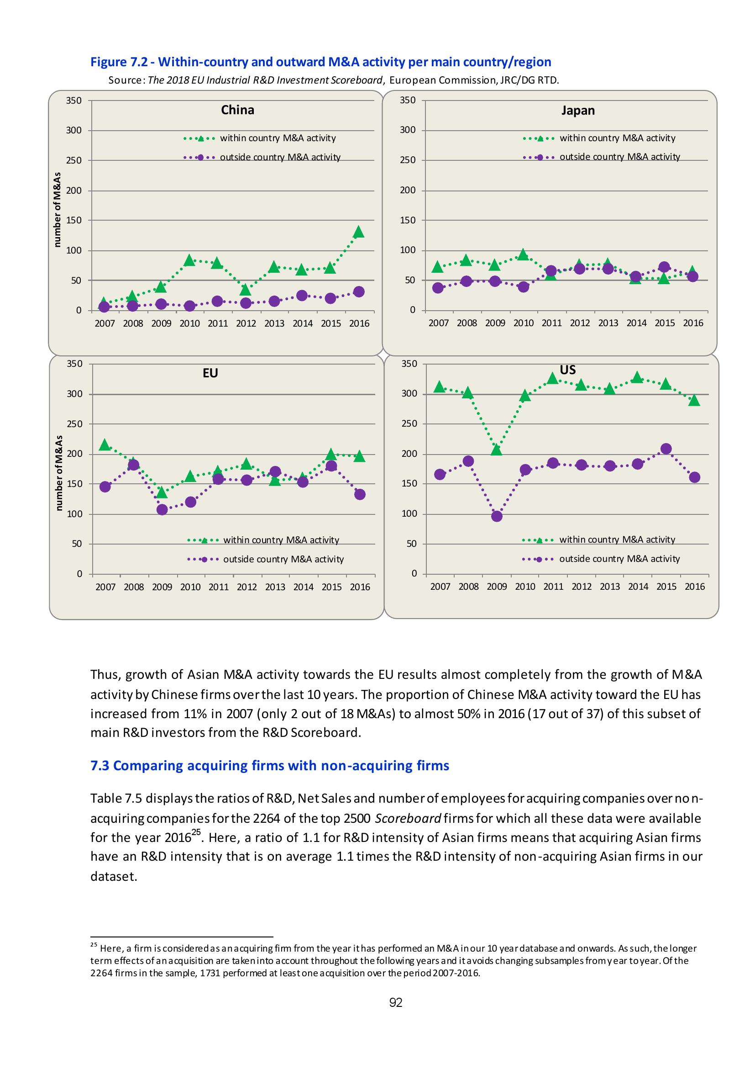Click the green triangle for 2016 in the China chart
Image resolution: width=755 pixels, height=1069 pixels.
click(x=359, y=232)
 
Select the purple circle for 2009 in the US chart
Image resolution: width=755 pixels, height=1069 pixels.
click(x=496, y=516)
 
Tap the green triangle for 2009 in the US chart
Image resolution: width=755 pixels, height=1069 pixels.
click(x=496, y=449)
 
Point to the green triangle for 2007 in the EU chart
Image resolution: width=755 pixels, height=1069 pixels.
click(x=105, y=445)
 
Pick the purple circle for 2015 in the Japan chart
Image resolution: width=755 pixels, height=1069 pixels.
click(x=664, y=267)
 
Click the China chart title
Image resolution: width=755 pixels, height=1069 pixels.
click(x=238, y=111)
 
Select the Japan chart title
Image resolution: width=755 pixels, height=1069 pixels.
click(x=578, y=111)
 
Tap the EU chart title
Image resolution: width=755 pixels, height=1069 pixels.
click(x=210, y=373)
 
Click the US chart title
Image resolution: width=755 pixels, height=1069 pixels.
click(x=568, y=370)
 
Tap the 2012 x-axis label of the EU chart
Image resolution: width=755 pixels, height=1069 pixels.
click(x=246, y=587)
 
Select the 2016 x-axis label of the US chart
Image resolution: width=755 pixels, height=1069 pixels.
click(x=695, y=587)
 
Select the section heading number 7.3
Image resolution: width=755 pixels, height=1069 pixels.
click(x=100, y=766)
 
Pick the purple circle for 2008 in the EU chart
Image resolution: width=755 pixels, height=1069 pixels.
click(x=133, y=465)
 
